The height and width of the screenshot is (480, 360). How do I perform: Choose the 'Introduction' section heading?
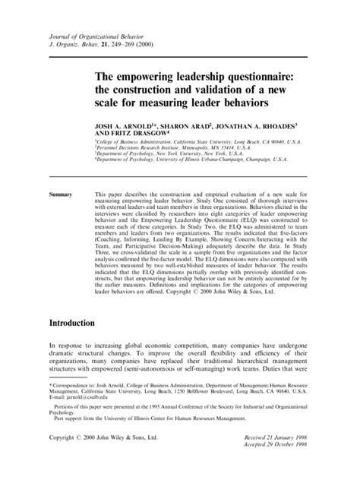click(x=82, y=323)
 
